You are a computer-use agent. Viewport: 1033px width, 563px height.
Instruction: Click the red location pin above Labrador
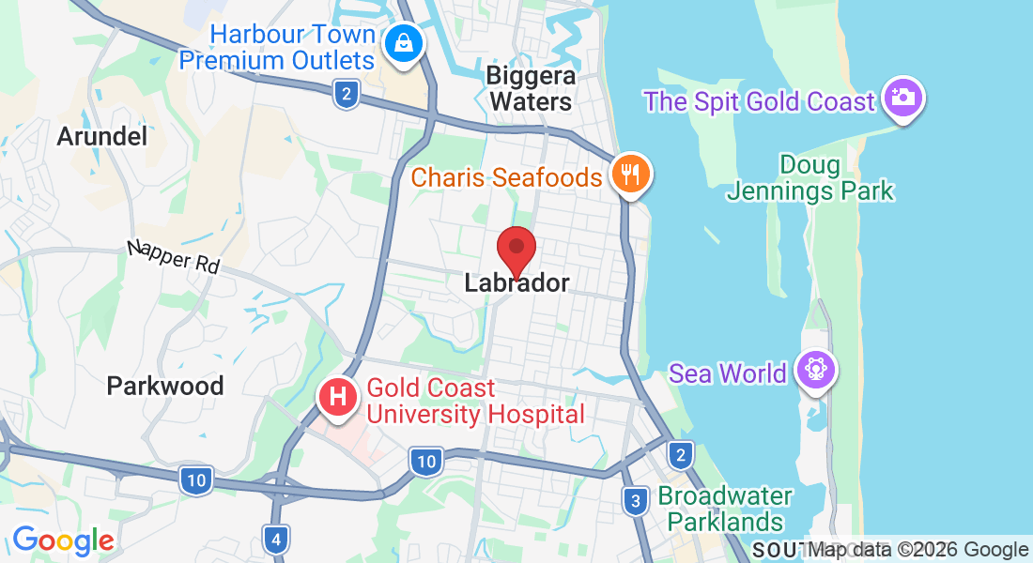(x=516, y=249)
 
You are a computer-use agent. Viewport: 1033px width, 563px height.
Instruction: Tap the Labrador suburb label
(x=516, y=282)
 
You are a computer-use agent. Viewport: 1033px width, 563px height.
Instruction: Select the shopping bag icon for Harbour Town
(x=403, y=43)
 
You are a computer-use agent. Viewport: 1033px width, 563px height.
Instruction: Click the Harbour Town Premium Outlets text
(x=277, y=48)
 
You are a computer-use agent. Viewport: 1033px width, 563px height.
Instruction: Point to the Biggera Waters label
(x=531, y=87)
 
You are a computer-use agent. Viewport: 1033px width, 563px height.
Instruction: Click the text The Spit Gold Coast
(x=759, y=101)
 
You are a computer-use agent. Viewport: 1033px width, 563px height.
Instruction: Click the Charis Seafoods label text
(x=506, y=176)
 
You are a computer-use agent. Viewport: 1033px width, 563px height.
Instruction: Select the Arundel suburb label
(x=102, y=137)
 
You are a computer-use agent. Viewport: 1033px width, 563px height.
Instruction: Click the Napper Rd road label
(x=174, y=257)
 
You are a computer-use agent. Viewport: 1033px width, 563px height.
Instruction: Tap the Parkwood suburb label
(x=165, y=386)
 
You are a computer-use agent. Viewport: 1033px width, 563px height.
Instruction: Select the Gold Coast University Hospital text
(x=475, y=401)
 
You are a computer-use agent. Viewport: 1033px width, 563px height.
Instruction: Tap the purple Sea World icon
(x=813, y=371)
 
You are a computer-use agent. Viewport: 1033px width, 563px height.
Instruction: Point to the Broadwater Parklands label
(x=725, y=509)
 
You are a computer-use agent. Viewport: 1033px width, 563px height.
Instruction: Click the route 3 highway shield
(x=636, y=500)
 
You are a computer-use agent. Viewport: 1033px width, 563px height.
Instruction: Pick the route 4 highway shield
(x=274, y=539)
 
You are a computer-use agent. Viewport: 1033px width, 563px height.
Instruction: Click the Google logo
(x=63, y=540)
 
